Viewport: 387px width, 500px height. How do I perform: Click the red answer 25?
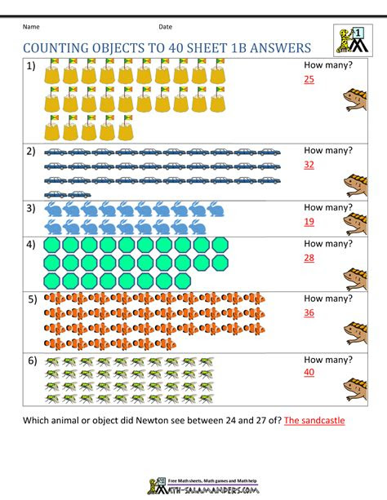pyautogui.click(x=309, y=79)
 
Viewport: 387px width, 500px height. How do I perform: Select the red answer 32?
pyautogui.click(x=309, y=163)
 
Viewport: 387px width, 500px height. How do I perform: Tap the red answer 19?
pyautogui.click(x=309, y=220)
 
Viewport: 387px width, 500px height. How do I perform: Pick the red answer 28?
pyautogui.click(x=309, y=257)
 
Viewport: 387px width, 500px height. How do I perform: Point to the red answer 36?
pyautogui.click(x=309, y=312)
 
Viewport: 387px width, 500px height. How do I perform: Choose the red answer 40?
pyautogui.click(x=309, y=372)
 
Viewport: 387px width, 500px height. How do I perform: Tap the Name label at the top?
pyautogui.click(x=31, y=26)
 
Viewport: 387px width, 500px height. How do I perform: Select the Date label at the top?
pyautogui.click(x=166, y=26)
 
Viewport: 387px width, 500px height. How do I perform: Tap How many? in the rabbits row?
pyautogui.click(x=327, y=207)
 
